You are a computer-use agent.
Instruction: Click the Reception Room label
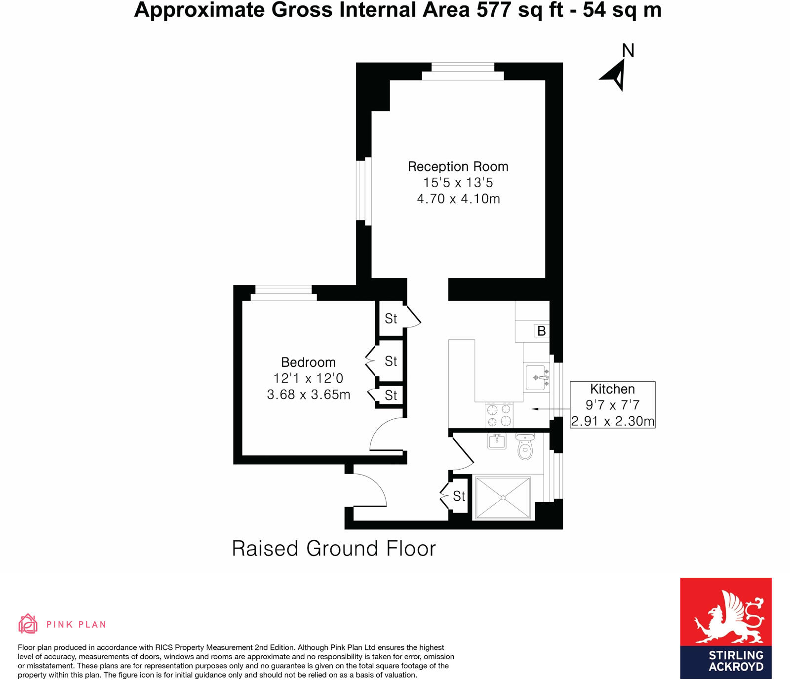[458, 167]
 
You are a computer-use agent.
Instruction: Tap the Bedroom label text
[308, 362]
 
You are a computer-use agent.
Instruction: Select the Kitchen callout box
[612, 404]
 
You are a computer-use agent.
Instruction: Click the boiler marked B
[541, 331]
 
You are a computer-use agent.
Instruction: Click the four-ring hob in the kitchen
[499, 415]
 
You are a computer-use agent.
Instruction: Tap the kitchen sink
[537, 378]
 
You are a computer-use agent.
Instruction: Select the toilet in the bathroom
[525, 447]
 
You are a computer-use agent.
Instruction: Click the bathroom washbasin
[497, 440]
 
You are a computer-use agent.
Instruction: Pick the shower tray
[502, 498]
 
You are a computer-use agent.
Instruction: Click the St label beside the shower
[459, 496]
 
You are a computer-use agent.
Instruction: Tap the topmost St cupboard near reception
[391, 319]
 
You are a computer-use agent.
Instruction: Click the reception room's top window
[463, 72]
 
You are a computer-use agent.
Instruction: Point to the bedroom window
[283, 293]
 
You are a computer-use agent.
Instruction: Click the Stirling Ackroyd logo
[725, 628]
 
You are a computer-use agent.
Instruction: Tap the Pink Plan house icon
[28, 624]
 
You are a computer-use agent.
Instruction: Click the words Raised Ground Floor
[334, 549]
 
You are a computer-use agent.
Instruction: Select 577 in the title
[493, 10]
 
